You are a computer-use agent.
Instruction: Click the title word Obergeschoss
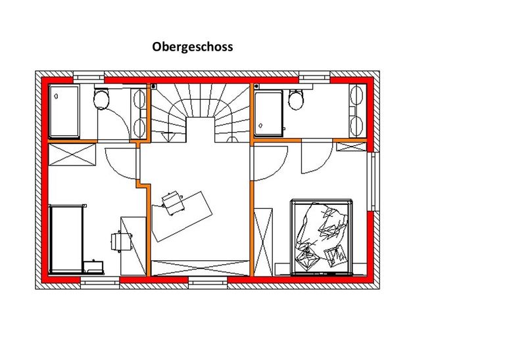point(192,47)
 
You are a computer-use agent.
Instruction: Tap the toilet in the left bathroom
point(101,98)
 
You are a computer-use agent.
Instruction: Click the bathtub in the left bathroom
point(64,111)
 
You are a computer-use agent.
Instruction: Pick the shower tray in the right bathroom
point(268,113)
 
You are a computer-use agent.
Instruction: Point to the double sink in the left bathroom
point(139,112)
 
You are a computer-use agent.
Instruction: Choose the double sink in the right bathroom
point(358,111)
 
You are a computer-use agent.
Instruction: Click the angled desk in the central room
point(182,216)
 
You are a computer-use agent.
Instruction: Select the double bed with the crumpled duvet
point(321,237)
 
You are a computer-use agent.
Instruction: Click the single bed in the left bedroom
point(66,239)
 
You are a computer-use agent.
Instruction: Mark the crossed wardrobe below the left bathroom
point(72,155)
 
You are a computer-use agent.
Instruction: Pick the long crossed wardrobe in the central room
point(201,268)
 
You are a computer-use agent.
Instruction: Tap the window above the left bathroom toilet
point(89,77)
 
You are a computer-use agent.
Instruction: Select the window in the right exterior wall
point(373,181)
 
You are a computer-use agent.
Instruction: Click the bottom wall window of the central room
point(208,282)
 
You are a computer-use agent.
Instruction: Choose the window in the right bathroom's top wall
point(315,77)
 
